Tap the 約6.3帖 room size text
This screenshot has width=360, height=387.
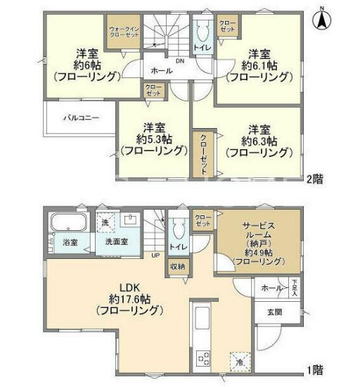pyautogui.click(x=257, y=140)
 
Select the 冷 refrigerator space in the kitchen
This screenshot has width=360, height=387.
pyautogui.click(x=240, y=362)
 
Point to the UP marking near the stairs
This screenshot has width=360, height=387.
pyautogui.click(x=155, y=255)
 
